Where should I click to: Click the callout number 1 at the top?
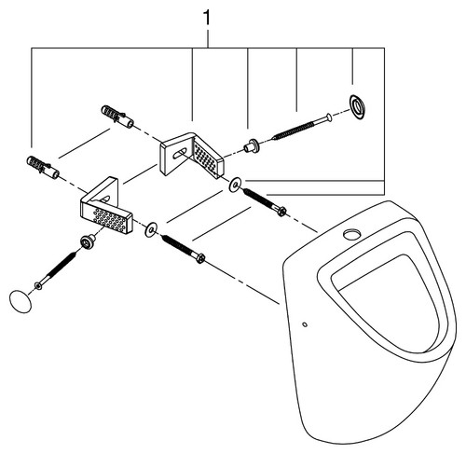click(x=207, y=18)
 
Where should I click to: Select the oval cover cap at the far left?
click(x=21, y=301)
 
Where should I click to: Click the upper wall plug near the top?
click(x=117, y=117)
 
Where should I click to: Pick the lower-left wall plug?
click(x=43, y=168)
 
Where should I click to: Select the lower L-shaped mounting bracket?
click(x=106, y=206)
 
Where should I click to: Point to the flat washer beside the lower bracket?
click(x=151, y=229)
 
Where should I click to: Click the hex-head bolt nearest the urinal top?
click(x=265, y=202)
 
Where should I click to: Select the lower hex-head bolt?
click(x=183, y=249)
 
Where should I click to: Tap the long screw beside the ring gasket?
click(x=302, y=127)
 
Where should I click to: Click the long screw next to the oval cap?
click(x=56, y=270)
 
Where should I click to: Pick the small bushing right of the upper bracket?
click(x=252, y=145)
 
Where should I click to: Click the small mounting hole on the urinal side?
click(x=305, y=324)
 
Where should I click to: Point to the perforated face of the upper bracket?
click(x=207, y=158)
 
